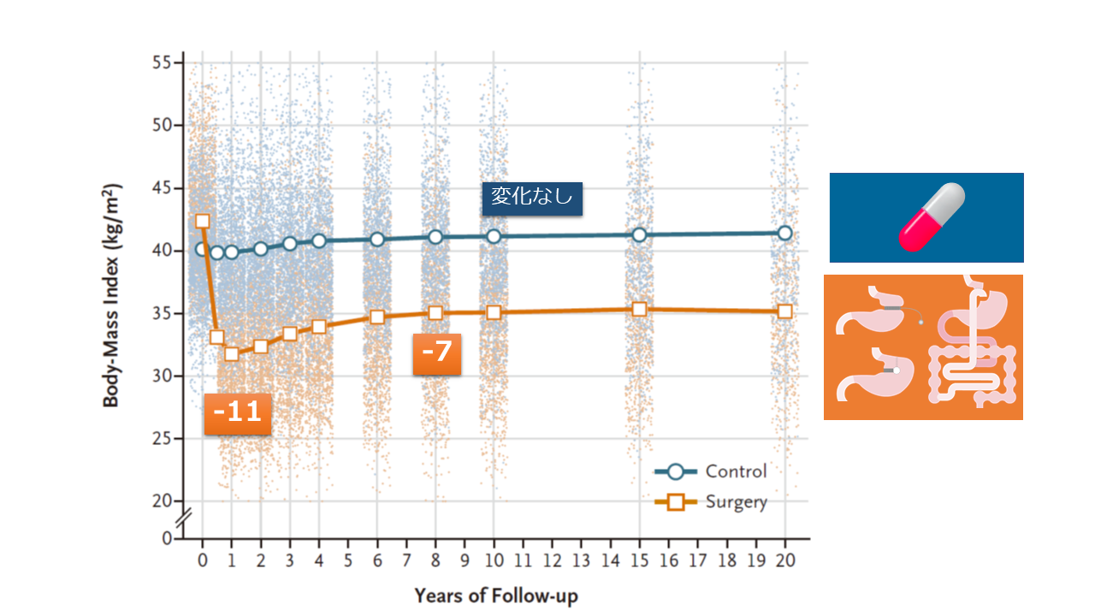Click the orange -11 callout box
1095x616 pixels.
click(237, 413)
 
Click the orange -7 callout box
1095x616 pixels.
click(436, 353)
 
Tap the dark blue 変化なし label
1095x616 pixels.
click(532, 198)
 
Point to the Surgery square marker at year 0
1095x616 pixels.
click(203, 221)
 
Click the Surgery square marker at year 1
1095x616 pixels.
click(232, 353)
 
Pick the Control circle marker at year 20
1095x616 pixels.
click(785, 233)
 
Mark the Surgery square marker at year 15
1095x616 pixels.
click(639, 309)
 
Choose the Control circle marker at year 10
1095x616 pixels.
click(494, 236)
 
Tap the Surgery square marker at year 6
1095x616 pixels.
click(377, 317)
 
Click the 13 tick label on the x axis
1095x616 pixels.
click(582, 561)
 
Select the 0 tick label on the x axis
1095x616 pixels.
click(203, 561)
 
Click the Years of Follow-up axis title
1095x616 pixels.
click(496, 595)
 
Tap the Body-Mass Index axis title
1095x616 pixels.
click(113, 295)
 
